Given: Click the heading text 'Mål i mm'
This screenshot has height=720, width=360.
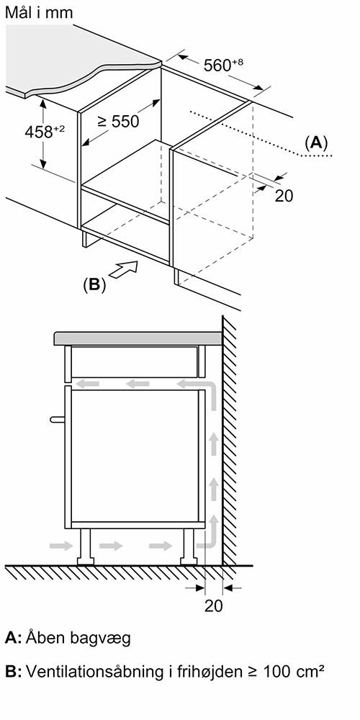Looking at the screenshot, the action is point(39,12).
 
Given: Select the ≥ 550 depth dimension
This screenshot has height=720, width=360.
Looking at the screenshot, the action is point(118,121).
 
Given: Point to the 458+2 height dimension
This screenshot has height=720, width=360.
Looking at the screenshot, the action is point(45,132).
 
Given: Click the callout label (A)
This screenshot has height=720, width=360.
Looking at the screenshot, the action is point(316,143).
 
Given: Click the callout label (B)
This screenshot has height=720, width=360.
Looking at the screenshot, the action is point(94,284).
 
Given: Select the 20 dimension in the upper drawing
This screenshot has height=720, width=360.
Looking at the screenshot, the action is point(284,196).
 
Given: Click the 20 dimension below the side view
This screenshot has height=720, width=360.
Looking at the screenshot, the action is point(214,606).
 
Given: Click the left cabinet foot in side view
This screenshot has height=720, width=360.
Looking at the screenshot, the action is point(84,546).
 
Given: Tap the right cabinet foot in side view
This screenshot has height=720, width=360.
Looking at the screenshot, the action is point(189,546).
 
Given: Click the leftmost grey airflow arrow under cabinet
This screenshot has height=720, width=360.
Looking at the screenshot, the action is point(61,546).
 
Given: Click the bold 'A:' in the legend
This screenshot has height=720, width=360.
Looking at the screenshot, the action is point(13,638).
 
